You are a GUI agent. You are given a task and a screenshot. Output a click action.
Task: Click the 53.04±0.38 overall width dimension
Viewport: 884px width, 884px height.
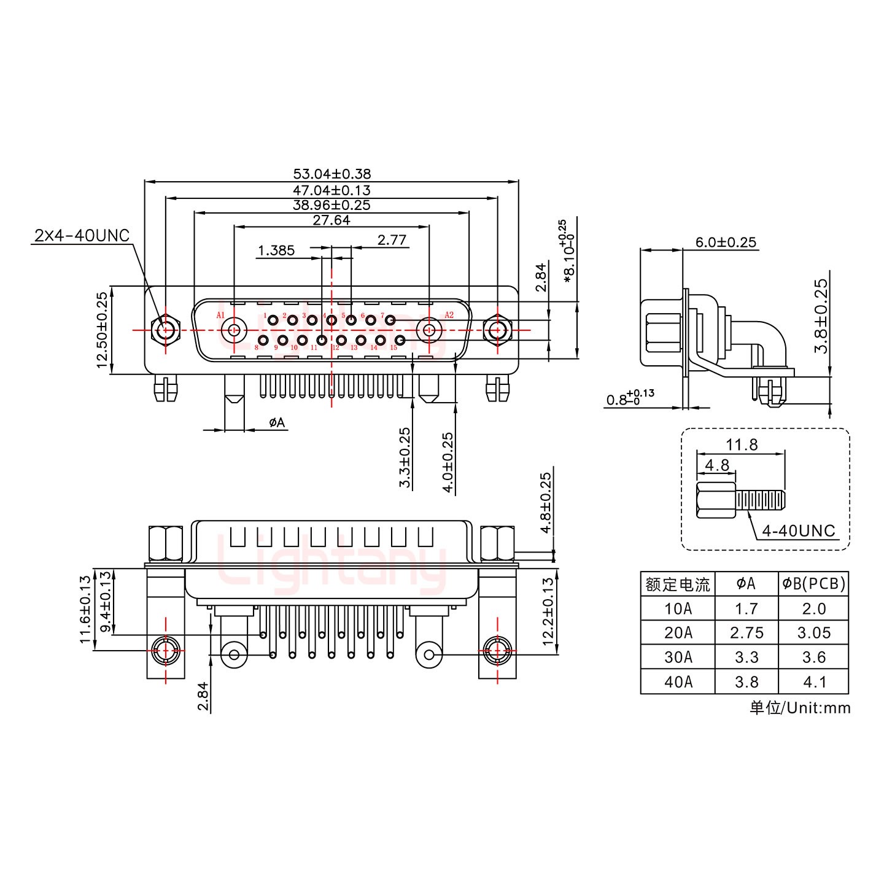pyautogui.click(x=331, y=174)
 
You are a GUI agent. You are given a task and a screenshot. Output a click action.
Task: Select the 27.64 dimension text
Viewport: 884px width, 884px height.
pyautogui.click(x=331, y=220)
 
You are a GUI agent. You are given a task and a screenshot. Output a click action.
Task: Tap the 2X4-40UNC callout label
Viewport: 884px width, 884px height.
pyautogui.click(x=82, y=235)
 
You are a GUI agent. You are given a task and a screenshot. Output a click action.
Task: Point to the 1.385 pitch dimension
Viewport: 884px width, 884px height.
pyautogui.click(x=276, y=250)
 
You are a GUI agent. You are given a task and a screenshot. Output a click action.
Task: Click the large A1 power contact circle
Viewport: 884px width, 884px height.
pyautogui.click(x=233, y=330)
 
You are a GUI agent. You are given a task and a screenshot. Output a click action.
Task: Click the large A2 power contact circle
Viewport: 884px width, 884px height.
pyautogui.click(x=429, y=330)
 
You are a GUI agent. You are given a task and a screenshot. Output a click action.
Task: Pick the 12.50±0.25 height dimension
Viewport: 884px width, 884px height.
pyautogui.click(x=102, y=330)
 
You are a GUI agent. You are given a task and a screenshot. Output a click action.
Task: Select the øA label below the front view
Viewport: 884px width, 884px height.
pyautogui.click(x=277, y=422)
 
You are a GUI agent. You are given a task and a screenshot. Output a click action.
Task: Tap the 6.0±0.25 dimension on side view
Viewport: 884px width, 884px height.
pyautogui.click(x=726, y=242)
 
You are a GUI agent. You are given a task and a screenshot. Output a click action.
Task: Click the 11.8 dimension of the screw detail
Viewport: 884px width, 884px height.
pyautogui.click(x=742, y=444)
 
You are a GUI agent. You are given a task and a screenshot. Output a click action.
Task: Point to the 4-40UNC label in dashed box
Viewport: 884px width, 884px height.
pyautogui.click(x=798, y=530)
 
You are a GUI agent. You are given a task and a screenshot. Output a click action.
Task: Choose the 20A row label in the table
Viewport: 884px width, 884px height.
pyautogui.click(x=678, y=633)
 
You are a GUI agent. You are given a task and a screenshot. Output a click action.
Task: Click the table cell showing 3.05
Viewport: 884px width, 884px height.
pyautogui.click(x=813, y=633)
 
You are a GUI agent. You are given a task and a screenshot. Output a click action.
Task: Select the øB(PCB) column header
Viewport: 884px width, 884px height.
pyautogui.click(x=813, y=584)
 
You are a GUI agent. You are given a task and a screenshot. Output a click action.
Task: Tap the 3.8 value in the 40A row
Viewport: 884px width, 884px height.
pyautogui.click(x=746, y=682)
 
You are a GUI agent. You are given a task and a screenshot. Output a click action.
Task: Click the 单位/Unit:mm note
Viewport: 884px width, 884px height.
pyautogui.click(x=800, y=708)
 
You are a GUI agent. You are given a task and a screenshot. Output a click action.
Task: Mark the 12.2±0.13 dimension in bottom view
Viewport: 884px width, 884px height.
pyautogui.click(x=548, y=614)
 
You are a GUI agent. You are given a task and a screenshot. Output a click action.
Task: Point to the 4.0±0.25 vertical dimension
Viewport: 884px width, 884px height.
pyautogui.click(x=448, y=462)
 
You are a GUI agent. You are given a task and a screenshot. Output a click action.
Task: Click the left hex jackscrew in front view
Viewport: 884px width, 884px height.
pyautogui.click(x=165, y=330)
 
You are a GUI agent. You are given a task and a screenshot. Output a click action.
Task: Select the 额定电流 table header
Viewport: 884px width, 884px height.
pyautogui.click(x=678, y=584)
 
